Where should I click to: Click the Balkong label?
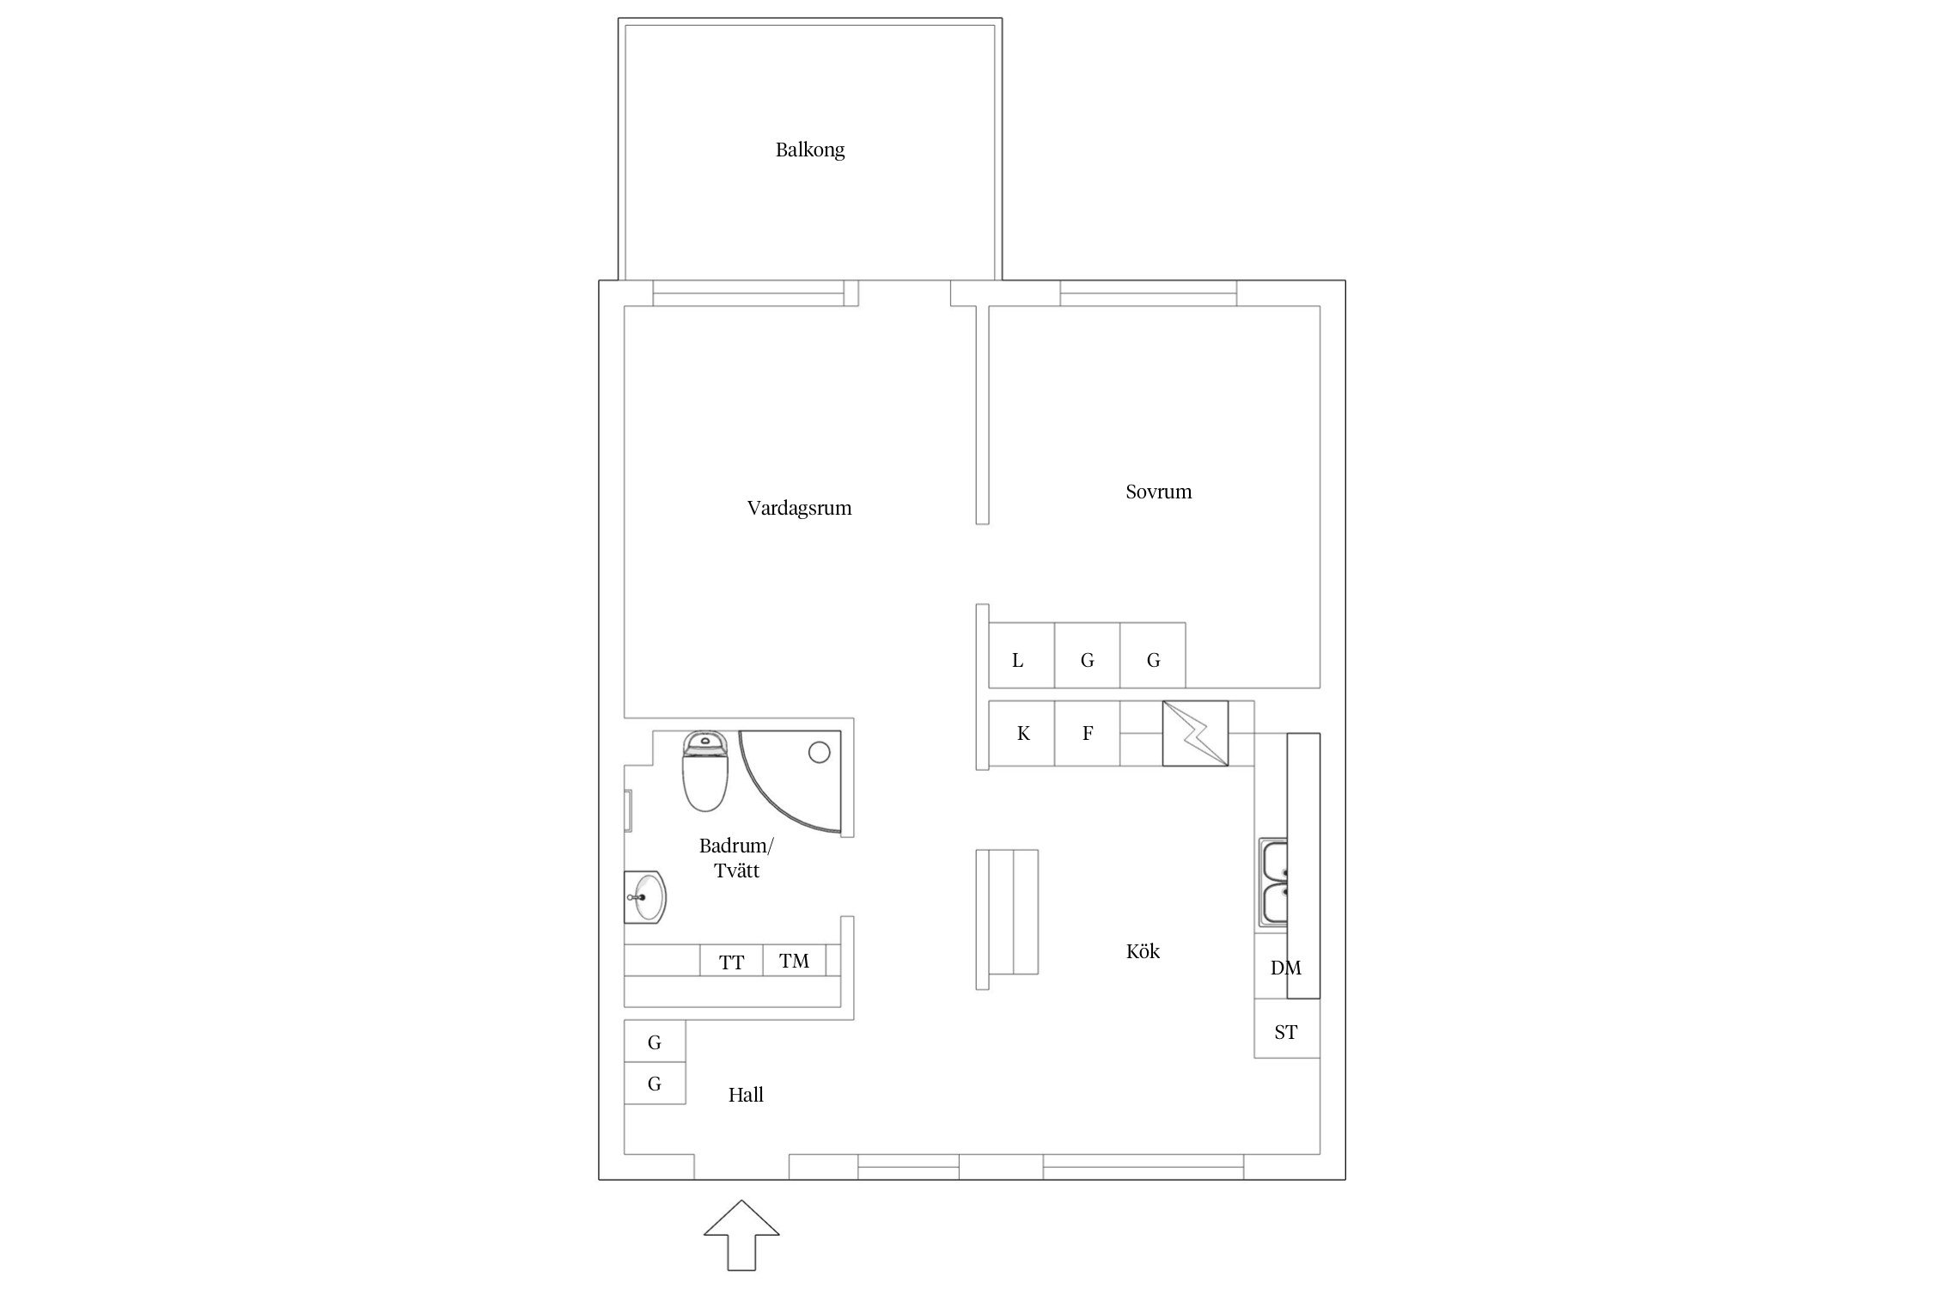coord(810,150)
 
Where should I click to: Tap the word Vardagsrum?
coord(799,508)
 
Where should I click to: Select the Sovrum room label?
coord(1158,492)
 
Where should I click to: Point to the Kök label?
coord(1143,951)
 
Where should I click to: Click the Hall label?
coord(746,1095)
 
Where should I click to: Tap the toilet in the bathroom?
coord(706,771)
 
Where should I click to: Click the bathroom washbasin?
coord(644,897)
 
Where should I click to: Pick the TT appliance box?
coord(731,961)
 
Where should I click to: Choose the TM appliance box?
coord(795,961)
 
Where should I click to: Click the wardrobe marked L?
coord(1021,656)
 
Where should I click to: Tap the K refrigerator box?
coord(1021,734)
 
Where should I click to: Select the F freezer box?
coord(1088,734)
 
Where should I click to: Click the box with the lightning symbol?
coord(1195,734)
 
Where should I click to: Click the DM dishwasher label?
coord(1286,968)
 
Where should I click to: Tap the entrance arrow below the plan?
coord(741,1235)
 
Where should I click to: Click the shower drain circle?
coord(819,754)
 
